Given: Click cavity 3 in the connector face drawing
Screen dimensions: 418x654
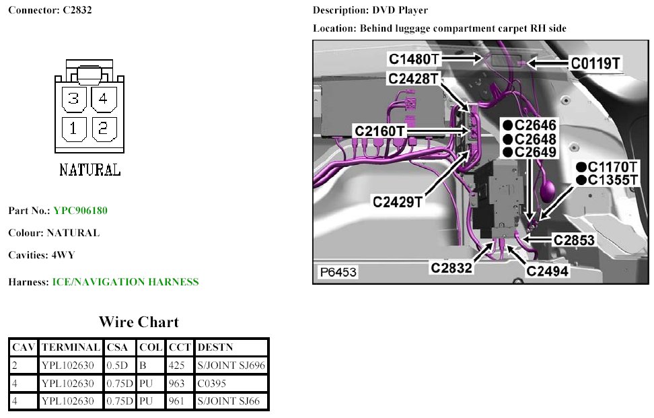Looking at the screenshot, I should [x=73, y=100].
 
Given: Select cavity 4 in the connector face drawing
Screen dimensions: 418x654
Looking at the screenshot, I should [x=104, y=100].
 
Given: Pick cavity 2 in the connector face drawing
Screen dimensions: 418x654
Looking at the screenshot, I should [x=104, y=128].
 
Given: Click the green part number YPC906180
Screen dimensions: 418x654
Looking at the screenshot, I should [x=80, y=211].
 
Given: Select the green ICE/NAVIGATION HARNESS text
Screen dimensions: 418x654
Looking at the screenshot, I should [x=125, y=282].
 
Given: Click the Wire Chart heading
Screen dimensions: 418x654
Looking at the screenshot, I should [x=139, y=322].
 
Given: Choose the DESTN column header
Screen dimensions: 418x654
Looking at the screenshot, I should [x=215, y=348].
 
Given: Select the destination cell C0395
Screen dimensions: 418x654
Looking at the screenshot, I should [x=213, y=384].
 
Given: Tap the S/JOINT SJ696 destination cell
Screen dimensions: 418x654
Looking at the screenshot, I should [x=231, y=365].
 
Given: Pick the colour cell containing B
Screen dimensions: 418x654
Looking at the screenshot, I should [x=143, y=365].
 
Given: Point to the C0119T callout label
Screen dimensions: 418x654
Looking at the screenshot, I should [x=595, y=63].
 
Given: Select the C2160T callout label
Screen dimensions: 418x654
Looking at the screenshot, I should [x=381, y=131].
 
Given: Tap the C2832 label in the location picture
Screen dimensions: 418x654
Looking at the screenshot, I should [x=451, y=267].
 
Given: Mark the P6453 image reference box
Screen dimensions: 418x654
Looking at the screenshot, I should [x=338, y=273].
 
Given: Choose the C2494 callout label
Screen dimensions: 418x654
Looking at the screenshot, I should [x=547, y=271].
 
